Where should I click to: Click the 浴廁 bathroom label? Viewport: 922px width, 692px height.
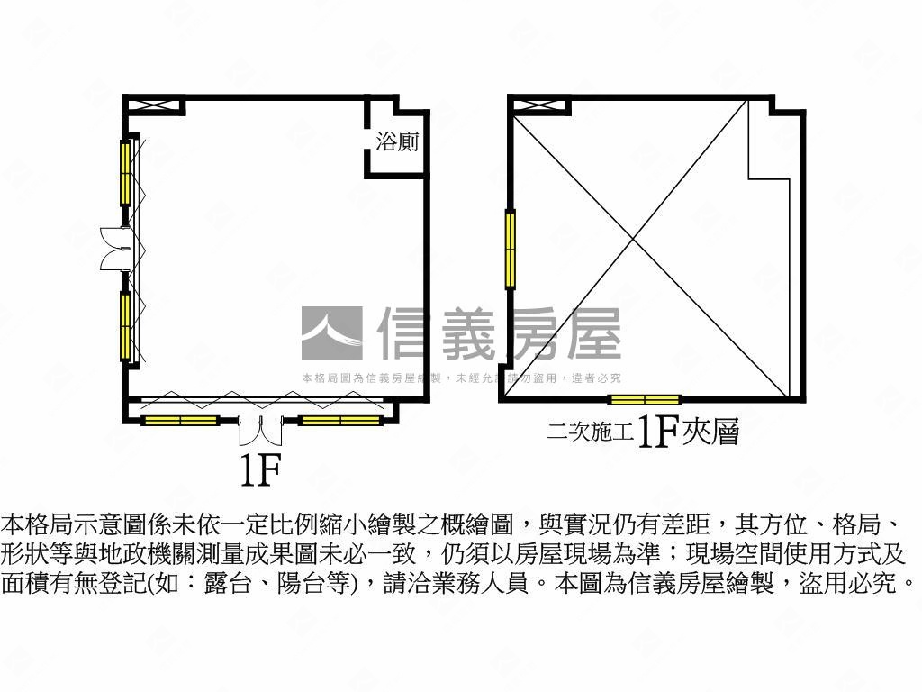click(397, 142)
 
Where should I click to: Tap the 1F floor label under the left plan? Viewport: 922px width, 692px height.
click(260, 469)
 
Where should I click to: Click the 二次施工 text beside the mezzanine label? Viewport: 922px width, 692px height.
click(591, 433)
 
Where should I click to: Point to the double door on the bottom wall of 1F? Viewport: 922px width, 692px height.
click(260, 431)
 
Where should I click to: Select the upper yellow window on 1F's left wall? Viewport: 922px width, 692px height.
click(126, 171)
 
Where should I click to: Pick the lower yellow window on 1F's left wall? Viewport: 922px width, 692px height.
click(126, 326)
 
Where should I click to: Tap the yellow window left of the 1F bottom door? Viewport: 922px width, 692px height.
click(180, 420)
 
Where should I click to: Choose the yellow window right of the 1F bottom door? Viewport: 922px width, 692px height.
click(339, 420)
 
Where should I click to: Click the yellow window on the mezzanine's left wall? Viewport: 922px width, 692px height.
click(511, 248)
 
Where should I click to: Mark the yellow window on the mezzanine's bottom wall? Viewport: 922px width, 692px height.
click(644, 400)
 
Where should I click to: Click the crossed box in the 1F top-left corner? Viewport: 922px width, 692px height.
click(155, 105)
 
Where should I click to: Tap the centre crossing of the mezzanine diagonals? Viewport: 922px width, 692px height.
click(637, 240)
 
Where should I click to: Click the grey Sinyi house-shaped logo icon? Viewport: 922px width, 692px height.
click(331, 333)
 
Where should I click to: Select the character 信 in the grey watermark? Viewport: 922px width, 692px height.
click(410, 333)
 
